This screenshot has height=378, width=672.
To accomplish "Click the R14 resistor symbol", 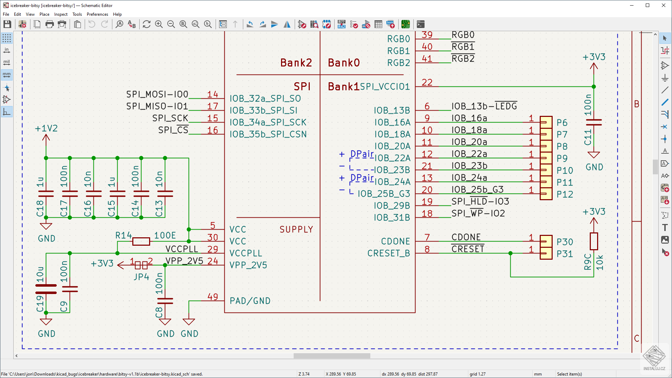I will pyautogui.click(x=141, y=241).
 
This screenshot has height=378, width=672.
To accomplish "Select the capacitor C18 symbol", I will pyautogui.click(x=46, y=194).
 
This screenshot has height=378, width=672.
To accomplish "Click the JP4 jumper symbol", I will pyautogui.click(x=141, y=265).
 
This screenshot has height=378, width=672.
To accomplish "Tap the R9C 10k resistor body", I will pyautogui.click(x=594, y=241).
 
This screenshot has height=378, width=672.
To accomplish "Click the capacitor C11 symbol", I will pyautogui.click(x=594, y=122).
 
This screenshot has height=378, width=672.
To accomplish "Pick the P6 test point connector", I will pyautogui.click(x=546, y=122).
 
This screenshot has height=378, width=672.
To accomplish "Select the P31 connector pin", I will pyautogui.click(x=546, y=253).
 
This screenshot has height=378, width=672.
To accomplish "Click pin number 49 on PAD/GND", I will pyautogui.click(x=212, y=296).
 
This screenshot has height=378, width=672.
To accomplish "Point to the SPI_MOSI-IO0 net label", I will pyautogui.click(x=157, y=94).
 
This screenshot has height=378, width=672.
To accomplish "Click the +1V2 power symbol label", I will pyautogui.click(x=46, y=128).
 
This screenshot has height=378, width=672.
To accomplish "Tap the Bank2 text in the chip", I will pyautogui.click(x=296, y=63).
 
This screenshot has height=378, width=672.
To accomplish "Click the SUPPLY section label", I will pyautogui.click(x=296, y=229).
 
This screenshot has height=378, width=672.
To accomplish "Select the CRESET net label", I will pyautogui.click(x=468, y=249).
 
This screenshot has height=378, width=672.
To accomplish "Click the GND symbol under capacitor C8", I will pyautogui.click(x=165, y=322).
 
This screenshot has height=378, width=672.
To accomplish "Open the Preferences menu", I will pyautogui.click(x=97, y=14).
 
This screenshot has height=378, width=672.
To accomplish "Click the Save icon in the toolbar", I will pyautogui.click(x=7, y=24).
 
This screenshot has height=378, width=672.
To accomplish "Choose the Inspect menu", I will pyautogui.click(x=61, y=14).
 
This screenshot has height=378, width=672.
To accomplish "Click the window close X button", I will pyautogui.click(x=664, y=5).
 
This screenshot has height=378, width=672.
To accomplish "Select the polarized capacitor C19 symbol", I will pyautogui.click(x=46, y=289).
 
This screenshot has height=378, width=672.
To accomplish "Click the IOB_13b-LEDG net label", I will pyautogui.click(x=484, y=106).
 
